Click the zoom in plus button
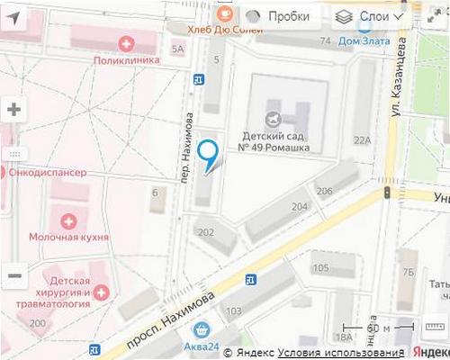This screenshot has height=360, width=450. pyautogui.click(x=14, y=110)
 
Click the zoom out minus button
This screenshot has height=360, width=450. pyautogui.click(x=14, y=275)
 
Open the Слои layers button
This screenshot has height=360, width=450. pyautogui.click(x=370, y=16)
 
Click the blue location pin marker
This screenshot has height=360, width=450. pyautogui.click(x=210, y=155)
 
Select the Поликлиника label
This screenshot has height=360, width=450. pyautogui.click(x=126, y=59)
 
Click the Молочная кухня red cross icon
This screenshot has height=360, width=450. pyautogui.click(x=68, y=220)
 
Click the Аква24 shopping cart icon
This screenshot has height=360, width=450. pyautogui.click(x=204, y=330)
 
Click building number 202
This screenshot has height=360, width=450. pyautogui.click(x=206, y=233)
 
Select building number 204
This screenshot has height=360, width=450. pyautogui.click(x=300, y=206)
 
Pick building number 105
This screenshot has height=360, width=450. pyautogui.click(x=320, y=269)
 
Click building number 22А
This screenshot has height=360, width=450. pyautogui.click(x=363, y=140)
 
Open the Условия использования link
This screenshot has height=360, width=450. pyautogui.click(x=340, y=353)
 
